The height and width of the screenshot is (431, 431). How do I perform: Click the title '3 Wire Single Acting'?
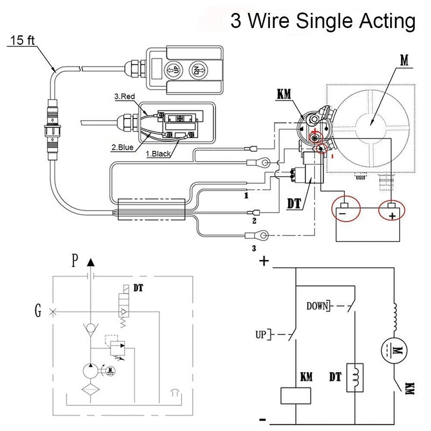click(323, 22)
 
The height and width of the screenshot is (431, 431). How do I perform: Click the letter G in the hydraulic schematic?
click(37, 311)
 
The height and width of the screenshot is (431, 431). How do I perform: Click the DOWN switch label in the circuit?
click(317, 307)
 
